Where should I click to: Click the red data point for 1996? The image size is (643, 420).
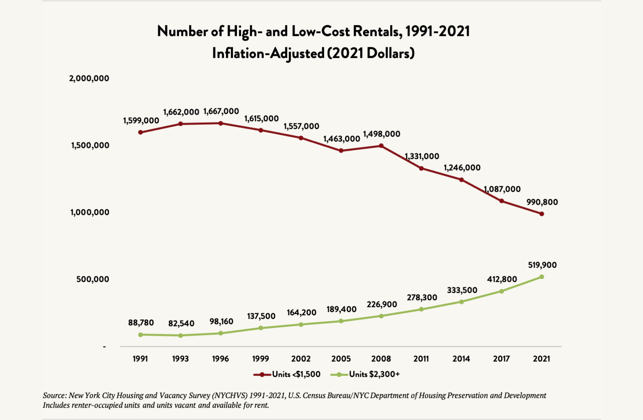click(x=221, y=123)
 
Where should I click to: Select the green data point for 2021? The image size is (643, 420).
click(x=542, y=277)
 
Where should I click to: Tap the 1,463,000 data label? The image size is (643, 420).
click(x=342, y=139)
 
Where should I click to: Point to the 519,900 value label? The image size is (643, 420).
click(x=542, y=265)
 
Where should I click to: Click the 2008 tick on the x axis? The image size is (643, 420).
click(x=381, y=359)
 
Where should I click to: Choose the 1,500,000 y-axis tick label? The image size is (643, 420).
click(x=90, y=145)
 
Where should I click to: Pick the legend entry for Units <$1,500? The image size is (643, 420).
click(x=287, y=374)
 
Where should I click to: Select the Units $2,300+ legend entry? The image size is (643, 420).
click(x=365, y=374)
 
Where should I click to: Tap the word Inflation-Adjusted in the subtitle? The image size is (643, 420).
click(x=268, y=53)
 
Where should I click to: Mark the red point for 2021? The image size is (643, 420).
click(x=542, y=214)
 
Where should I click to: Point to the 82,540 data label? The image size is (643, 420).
click(x=181, y=323)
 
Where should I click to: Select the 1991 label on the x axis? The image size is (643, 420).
click(x=140, y=359)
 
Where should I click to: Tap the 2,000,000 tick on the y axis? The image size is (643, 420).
click(x=89, y=78)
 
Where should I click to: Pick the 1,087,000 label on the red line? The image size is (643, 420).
click(x=502, y=189)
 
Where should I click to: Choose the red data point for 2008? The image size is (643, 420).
click(x=381, y=146)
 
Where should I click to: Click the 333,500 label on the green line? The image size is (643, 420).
click(x=462, y=290)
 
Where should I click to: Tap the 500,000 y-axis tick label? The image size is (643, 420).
click(x=93, y=279)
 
